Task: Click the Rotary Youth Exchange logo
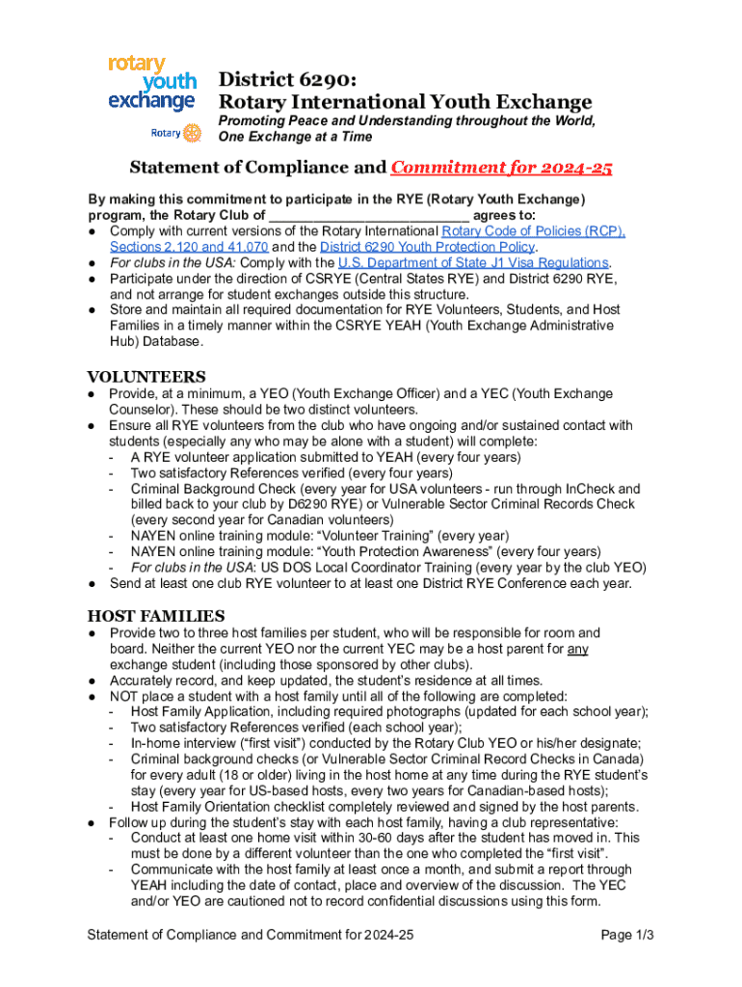[151, 83]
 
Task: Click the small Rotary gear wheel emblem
[191, 132]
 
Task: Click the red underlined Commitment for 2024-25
[501, 168]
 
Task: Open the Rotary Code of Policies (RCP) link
[533, 231]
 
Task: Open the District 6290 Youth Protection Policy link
[427, 247]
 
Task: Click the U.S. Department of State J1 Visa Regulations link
[473, 262]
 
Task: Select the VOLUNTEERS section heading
[146, 376]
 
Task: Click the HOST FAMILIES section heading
[156, 615]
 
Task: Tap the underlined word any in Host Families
[577, 649]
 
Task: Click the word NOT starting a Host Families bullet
[125, 696]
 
